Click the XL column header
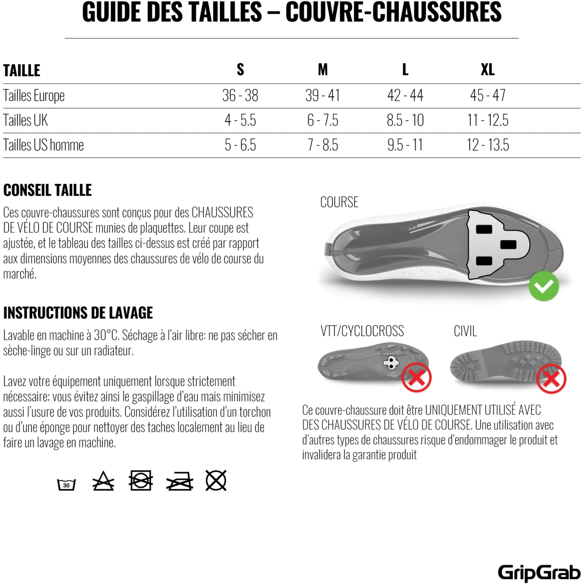487,70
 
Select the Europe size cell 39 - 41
322,95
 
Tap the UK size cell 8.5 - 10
405,120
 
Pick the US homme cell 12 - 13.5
487,145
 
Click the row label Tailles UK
26,120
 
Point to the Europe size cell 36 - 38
240,95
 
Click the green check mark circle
544,286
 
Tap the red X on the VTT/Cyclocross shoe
416,377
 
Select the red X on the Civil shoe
551,378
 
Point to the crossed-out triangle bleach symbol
103,481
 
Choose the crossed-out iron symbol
179,482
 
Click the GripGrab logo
539,572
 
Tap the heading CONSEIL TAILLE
47,190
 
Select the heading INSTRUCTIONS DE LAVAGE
78,313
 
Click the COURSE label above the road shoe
339,202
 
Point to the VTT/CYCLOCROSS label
362,331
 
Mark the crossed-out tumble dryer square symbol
141,480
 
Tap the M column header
322,70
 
